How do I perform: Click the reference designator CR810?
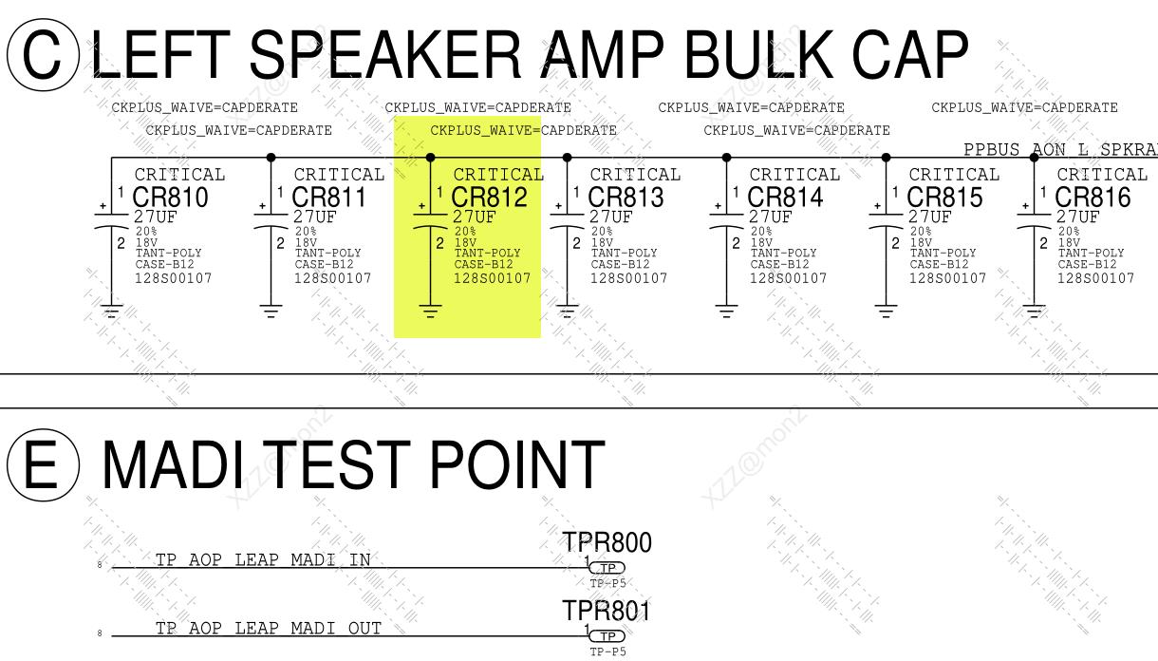(170, 198)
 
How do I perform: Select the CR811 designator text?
(329, 198)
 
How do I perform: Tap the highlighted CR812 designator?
(489, 198)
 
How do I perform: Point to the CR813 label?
(626, 198)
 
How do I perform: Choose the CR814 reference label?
(785, 198)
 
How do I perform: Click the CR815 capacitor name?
(944, 198)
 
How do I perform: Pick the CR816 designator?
(1093, 198)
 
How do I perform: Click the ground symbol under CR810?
(112, 310)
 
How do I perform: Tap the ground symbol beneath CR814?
(727, 310)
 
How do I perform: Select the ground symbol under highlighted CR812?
(431, 310)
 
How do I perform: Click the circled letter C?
(43, 56)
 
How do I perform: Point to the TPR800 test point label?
(607, 542)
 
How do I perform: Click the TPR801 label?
(607, 611)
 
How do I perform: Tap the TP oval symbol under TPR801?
(607, 636)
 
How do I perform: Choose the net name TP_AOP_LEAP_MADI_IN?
(263, 560)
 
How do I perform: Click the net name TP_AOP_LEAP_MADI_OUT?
(269, 629)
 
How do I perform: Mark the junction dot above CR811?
(271, 158)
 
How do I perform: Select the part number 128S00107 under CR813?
(628, 278)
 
